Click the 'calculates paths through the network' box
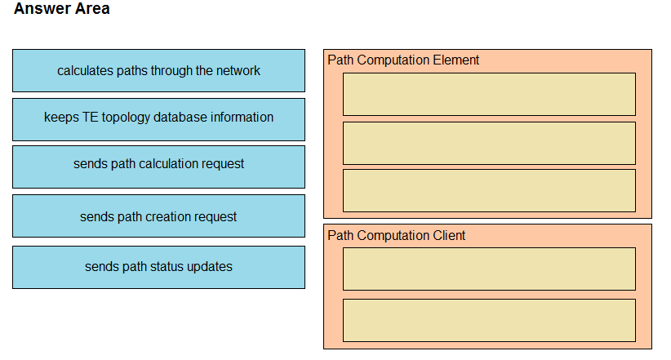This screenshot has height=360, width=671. pos(158,71)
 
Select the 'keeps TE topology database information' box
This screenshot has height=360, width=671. pos(158,119)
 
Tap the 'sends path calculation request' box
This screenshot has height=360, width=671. pos(158,167)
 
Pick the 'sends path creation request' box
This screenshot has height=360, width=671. pos(158,216)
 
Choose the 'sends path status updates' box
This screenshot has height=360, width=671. pos(158,267)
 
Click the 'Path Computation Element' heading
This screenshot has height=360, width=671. pos(403,60)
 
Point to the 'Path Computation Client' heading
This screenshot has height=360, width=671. pos(396,235)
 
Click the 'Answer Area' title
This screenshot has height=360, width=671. pos(61,8)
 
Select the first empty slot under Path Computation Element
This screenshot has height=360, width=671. pos(489,94)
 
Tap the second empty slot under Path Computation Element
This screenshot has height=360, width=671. pos(489,144)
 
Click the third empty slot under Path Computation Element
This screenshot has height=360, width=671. pos(489,190)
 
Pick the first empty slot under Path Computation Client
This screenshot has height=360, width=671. pos(489,269)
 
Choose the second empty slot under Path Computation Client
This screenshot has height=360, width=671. pos(489,320)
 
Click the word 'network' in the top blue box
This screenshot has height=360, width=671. pos(238,71)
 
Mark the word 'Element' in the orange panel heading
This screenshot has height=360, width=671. pos(455,60)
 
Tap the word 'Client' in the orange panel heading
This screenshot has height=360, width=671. pos(449,235)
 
